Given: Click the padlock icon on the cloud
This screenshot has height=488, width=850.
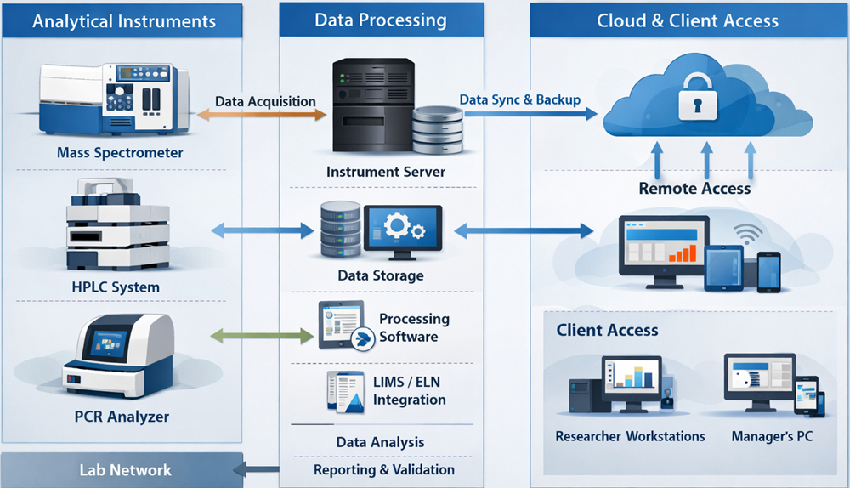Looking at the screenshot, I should tap(694, 103).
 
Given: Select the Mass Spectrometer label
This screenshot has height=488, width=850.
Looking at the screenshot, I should tap(120, 153).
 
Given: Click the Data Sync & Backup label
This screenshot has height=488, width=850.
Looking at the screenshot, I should tap(520, 99).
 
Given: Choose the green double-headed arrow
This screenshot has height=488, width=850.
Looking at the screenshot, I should tap(261, 337).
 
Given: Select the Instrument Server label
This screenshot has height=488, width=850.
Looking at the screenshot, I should tap(385, 172).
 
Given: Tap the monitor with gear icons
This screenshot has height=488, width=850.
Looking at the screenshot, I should tap(403, 228).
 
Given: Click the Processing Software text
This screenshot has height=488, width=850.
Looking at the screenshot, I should tap(413, 327).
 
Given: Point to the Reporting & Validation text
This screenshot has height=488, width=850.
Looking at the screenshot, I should tap(383, 469).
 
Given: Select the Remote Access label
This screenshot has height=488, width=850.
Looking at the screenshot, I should tap(694, 189).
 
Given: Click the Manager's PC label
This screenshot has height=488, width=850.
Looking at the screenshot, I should tap(772, 436).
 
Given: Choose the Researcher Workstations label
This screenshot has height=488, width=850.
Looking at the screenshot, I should tap(630, 436).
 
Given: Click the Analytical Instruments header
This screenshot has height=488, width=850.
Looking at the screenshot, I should tap(124, 21).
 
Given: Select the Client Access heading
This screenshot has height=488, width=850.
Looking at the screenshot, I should tap(607, 329).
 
